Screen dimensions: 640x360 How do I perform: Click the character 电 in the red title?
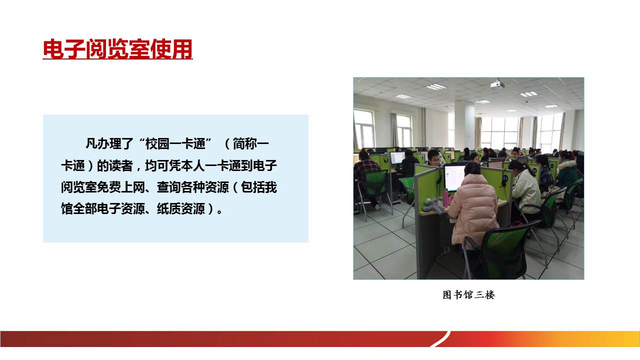coord(53,49)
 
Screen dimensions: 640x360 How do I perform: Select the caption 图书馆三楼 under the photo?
coord(468,295)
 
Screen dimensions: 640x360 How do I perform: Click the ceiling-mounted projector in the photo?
coord(497,84)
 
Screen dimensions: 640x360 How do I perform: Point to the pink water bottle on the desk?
coord(446,197)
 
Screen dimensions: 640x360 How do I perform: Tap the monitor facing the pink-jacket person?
coord(454,178)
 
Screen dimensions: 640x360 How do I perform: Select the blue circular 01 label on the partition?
coord(505,178)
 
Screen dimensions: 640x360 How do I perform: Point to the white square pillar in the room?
coord(464,125)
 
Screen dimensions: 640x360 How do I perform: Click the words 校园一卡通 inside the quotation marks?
coord(175,143)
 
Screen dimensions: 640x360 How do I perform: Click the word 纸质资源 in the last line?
coord(180,209)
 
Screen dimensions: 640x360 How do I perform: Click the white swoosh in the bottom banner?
coord(440,339)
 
